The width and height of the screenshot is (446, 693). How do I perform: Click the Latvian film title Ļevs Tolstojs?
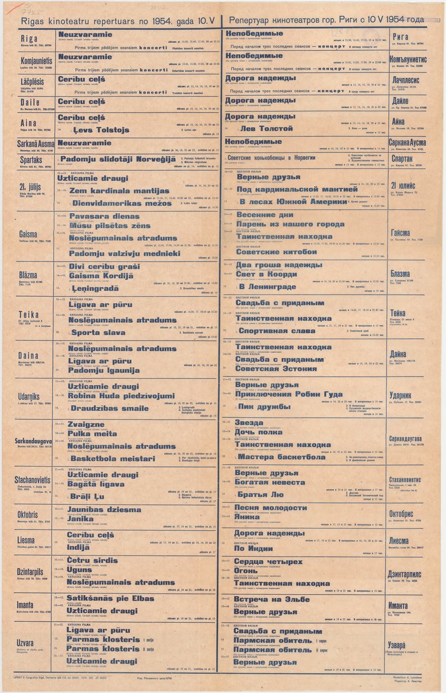click(x=102, y=130)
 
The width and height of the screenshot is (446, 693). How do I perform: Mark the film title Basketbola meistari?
click(x=112, y=459)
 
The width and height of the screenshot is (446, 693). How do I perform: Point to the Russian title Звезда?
click(x=249, y=423)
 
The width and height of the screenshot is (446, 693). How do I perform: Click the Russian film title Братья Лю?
click(x=261, y=495)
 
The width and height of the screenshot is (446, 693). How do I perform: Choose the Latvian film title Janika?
click(x=80, y=519)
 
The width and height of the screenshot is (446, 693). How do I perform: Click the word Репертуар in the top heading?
click(x=253, y=20)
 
